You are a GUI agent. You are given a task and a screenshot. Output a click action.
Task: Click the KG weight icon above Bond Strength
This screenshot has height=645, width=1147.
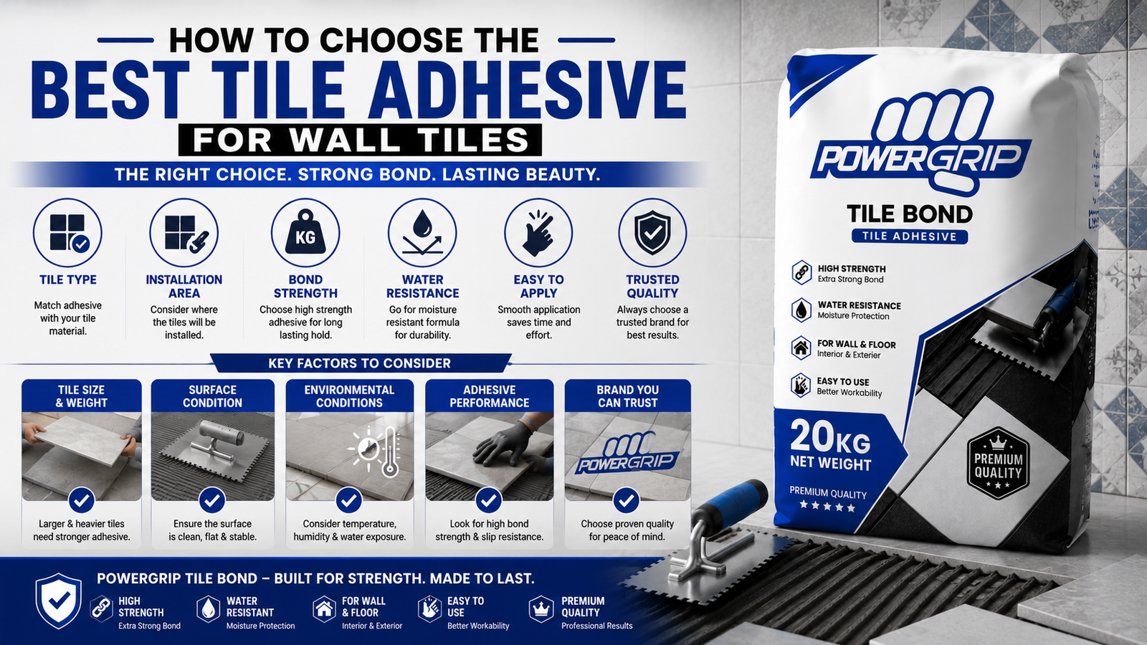point(305,233)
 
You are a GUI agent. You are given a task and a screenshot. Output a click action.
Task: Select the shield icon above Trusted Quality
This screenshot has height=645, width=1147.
point(652,233)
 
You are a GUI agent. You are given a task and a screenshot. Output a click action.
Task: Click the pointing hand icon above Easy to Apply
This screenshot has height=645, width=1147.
point(538,234)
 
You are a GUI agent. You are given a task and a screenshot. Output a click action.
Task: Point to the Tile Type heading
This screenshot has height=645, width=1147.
point(68,279)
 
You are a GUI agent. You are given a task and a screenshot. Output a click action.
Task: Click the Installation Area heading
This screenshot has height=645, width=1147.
point(184,286)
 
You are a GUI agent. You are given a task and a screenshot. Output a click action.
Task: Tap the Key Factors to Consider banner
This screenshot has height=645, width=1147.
point(359,363)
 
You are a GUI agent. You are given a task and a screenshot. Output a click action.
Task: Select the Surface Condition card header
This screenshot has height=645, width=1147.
point(212,396)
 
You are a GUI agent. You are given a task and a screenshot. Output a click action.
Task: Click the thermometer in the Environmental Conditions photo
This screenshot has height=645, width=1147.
point(390,452)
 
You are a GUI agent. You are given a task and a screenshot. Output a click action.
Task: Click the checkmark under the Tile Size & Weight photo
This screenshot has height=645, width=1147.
point(82,500)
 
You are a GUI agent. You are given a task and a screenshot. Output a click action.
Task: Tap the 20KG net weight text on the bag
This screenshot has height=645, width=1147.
point(830,445)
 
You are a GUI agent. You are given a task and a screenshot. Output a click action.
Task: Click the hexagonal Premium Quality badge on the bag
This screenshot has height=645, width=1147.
point(998,464)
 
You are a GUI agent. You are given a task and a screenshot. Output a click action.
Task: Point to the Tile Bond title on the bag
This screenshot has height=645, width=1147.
point(910,214)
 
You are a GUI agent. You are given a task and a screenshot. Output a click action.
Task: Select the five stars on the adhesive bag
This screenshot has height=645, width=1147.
point(827,507)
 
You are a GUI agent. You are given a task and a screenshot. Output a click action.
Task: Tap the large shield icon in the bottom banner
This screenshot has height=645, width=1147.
point(58,601)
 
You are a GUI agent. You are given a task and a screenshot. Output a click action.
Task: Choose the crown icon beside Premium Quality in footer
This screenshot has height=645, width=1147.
point(541,608)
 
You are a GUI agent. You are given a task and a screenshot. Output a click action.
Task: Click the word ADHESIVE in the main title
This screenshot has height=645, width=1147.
point(528,90)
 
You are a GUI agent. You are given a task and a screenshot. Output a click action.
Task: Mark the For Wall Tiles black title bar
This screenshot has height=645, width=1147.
point(360,140)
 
